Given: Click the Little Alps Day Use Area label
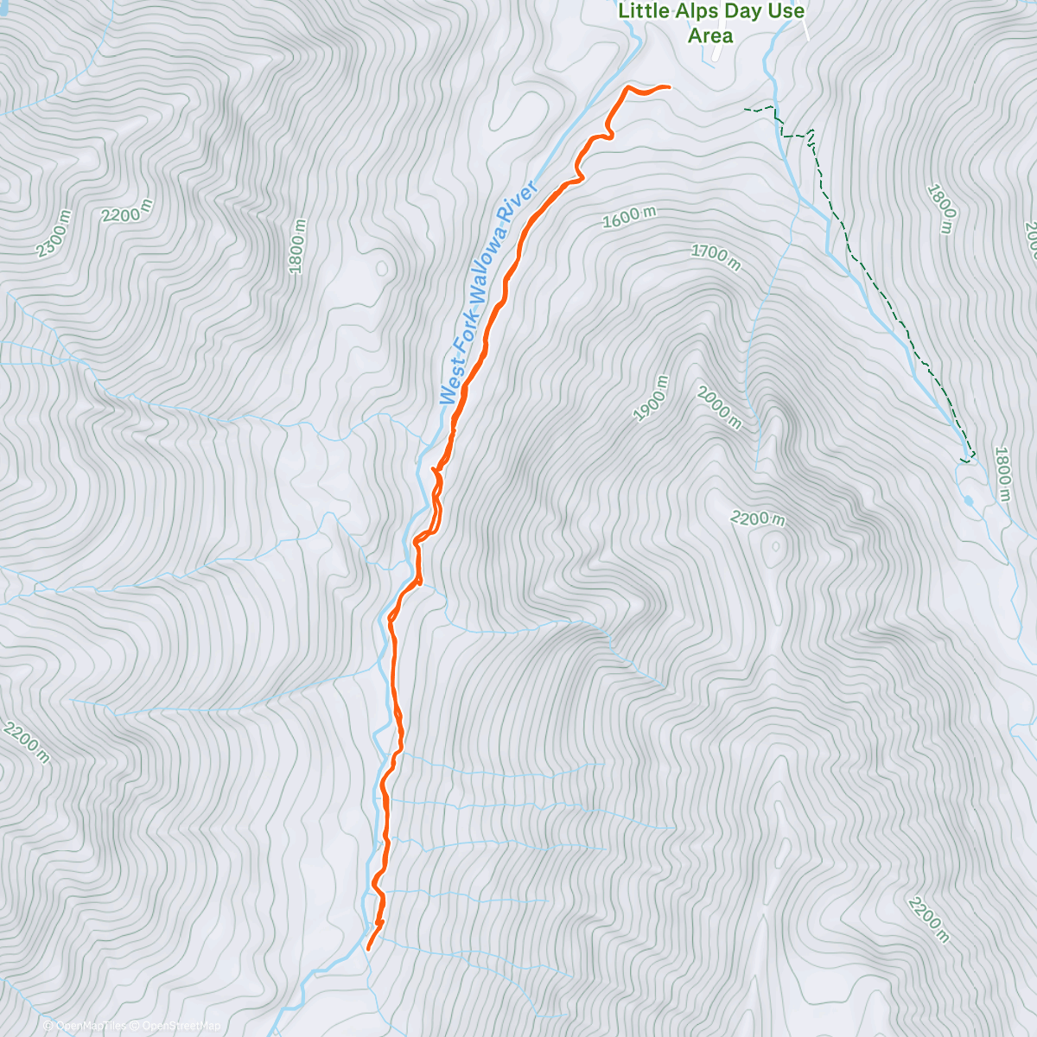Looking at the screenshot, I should [x=710, y=23].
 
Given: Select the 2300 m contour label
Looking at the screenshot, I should [x=54, y=233].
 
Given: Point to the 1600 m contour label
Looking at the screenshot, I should [x=628, y=218].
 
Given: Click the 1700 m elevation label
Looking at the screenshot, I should [x=716, y=257].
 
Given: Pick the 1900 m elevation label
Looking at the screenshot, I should [x=652, y=398].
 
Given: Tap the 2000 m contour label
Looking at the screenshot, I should [x=718, y=407].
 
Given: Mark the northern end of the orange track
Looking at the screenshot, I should [x=668, y=86].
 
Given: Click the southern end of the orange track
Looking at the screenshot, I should [x=368, y=948].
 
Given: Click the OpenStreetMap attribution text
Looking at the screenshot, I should [x=180, y=1026].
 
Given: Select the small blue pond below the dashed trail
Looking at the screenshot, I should [x=968, y=500].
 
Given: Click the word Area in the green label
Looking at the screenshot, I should [x=710, y=36].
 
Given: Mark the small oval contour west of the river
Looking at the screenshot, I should [x=381, y=268].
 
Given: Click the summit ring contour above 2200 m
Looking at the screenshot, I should [x=774, y=546].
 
